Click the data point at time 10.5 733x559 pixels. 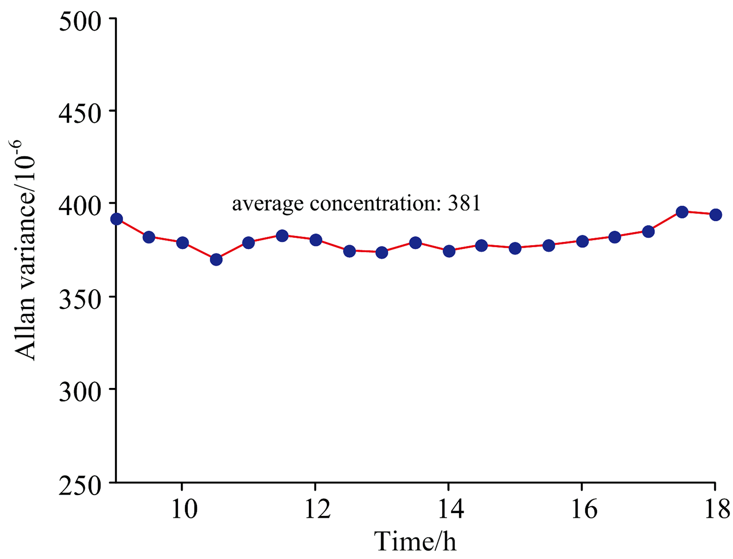tap(216, 259)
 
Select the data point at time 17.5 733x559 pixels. tap(682, 212)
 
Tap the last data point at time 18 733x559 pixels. tap(715, 215)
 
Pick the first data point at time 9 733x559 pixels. tap(116, 219)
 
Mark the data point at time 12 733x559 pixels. tap(316, 240)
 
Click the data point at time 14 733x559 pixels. tap(449, 251)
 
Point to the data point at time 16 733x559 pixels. tap(582, 241)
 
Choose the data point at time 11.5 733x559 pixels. tap(282, 236)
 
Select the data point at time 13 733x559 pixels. tap(382, 253)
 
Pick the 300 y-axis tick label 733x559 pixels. tap(80, 391)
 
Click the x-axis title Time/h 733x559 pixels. tap(415, 541)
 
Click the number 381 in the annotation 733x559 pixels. tap(464, 203)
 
